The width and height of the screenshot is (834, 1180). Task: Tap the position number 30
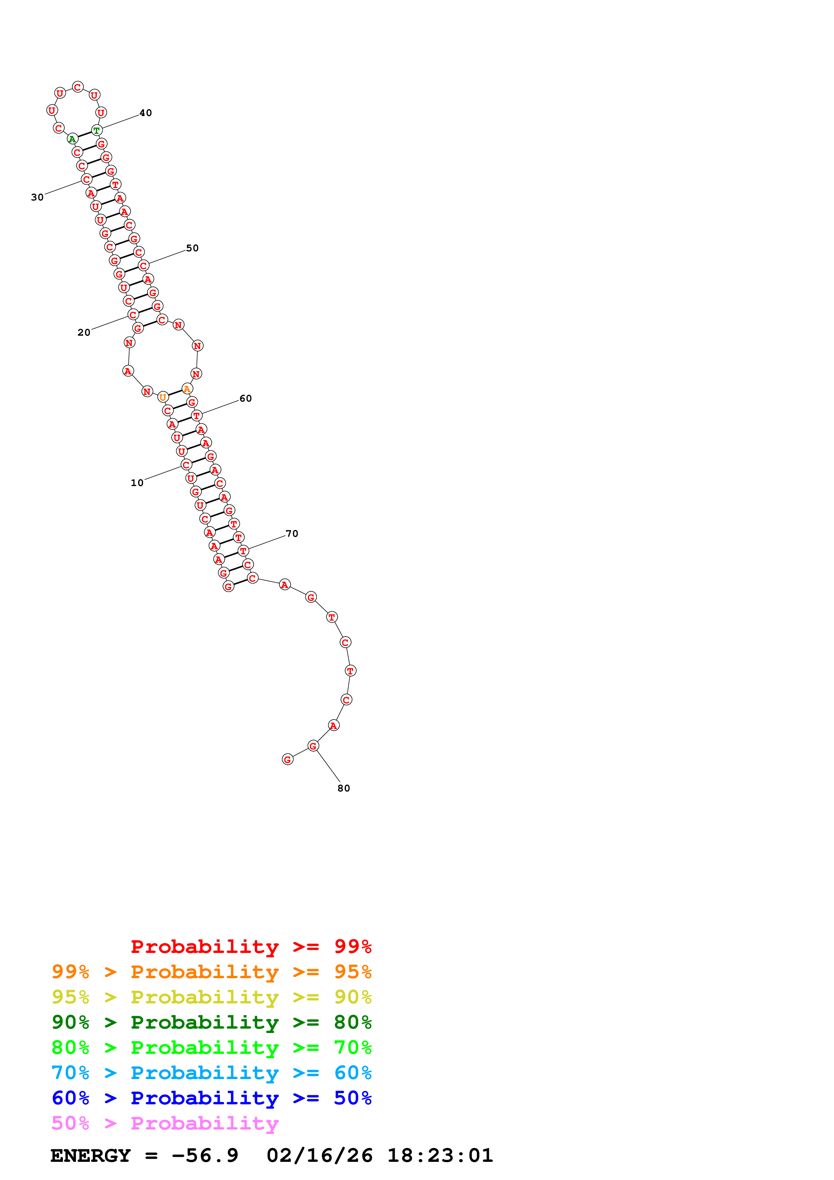37,197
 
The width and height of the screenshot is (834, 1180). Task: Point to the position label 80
344,788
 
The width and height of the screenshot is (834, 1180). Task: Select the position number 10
137,483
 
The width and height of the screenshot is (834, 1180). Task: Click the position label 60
246,399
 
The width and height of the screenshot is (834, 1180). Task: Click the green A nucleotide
72,139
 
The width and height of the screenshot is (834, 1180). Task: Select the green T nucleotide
97,131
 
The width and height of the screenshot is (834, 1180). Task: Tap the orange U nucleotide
163,397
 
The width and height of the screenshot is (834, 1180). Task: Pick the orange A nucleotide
187,389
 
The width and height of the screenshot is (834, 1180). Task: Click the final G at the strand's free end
288,760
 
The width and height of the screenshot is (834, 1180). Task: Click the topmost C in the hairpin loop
78,87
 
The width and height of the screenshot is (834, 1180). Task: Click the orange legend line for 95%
211,972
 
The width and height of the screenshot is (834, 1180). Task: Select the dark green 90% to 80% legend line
211,1022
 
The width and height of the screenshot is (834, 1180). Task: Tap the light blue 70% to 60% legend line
211,1073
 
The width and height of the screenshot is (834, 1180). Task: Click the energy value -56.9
205,1155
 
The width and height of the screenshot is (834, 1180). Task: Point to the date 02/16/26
320,1155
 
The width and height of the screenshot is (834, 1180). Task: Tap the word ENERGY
90,1155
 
